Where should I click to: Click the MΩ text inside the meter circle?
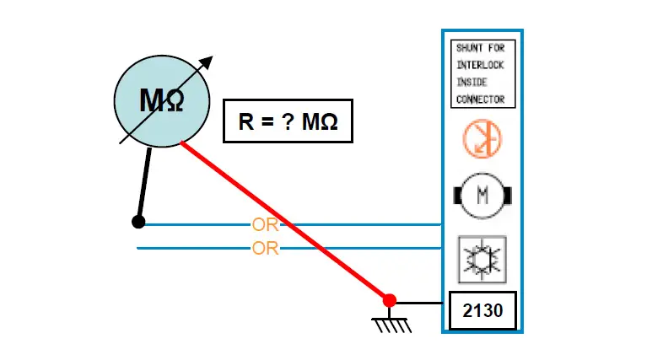click(161, 102)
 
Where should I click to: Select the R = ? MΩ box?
click(288, 121)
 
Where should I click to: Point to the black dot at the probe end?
click(138, 222)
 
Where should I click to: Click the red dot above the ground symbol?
click(389, 300)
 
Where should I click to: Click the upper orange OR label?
click(265, 225)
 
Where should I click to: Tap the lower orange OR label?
click(265, 249)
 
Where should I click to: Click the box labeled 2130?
click(482, 311)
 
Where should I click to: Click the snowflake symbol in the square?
click(482, 258)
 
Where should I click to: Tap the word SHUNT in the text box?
click(469, 48)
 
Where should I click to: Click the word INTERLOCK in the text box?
click(480, 65)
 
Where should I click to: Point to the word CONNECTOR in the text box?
click(480, 99)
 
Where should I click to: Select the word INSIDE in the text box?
click(471, 82)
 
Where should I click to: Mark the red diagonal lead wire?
click(287, 223)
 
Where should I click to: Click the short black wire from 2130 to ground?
click(419, 301)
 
